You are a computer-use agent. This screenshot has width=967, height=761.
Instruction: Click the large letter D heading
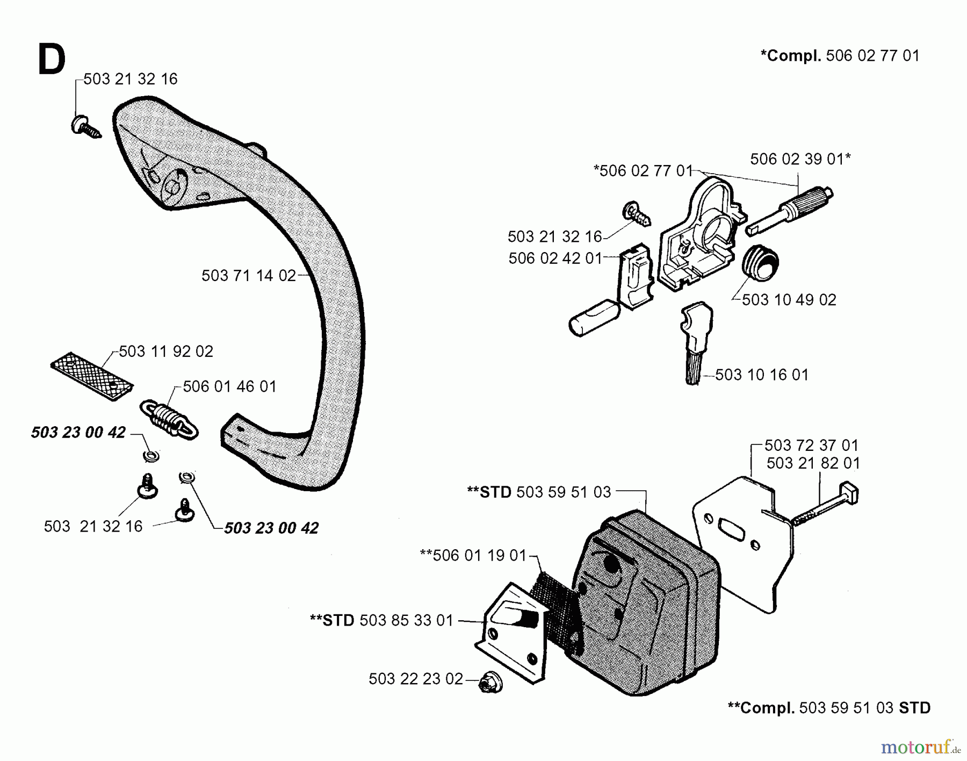(x=52, y=61)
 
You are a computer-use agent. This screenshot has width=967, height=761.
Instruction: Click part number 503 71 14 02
(x=249, y=276)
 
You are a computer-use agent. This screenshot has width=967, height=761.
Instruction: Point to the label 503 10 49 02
(x=789, y=300)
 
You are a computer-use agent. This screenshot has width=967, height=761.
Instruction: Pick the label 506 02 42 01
(x=555, y=259)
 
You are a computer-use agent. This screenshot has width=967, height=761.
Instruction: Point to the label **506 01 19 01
(x=473, y=555)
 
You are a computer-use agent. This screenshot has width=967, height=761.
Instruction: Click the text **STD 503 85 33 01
(x=381, y=620)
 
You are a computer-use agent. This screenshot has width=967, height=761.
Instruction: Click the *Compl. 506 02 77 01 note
(x=840, y=55)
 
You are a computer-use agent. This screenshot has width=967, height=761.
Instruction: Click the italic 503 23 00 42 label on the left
(x=78, y=433)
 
